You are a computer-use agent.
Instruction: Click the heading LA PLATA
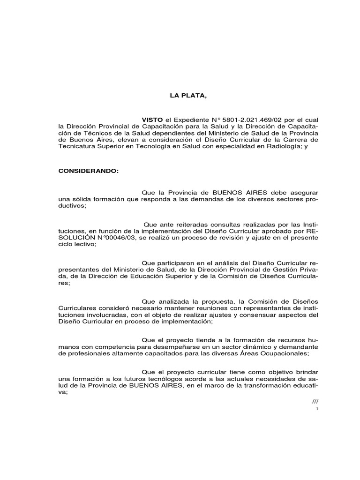187,96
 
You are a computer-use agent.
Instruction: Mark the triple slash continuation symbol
315,402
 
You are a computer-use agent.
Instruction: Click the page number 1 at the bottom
317,409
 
